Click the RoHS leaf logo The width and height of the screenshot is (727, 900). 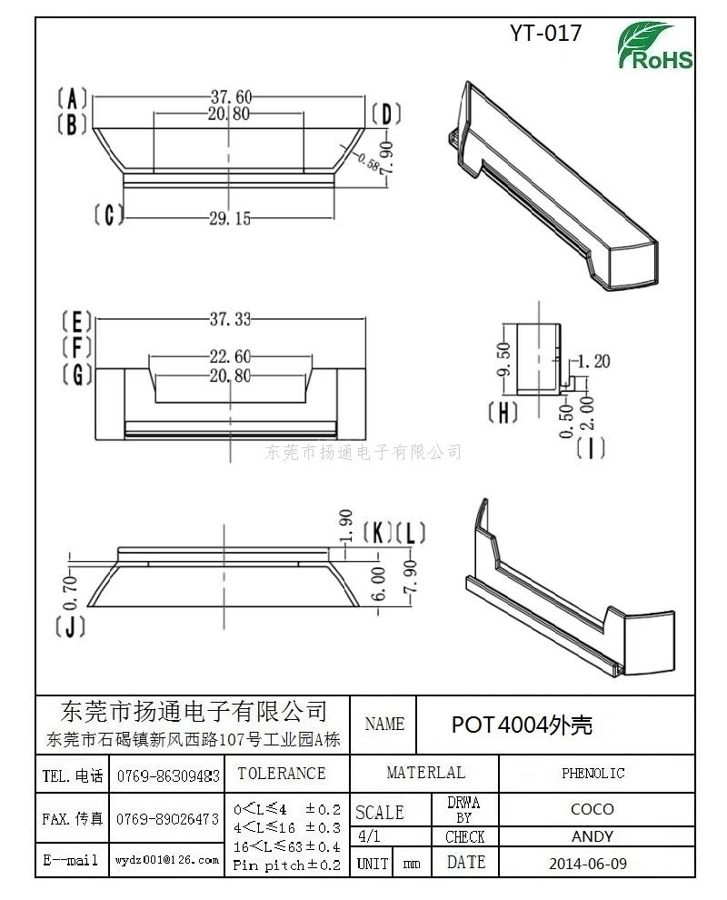pos(654,46)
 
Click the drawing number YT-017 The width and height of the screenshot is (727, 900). pos(545,34)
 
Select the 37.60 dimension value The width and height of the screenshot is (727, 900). pos(231,96)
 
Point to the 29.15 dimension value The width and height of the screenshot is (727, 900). pos(230,219)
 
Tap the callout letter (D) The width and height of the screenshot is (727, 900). pos(386,115)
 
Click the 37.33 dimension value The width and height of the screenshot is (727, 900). pos(230,318)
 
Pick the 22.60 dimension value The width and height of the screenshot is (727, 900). pos(230,356)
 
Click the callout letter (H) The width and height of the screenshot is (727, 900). pos(503,413)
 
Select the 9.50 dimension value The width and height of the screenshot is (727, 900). pos(503,359)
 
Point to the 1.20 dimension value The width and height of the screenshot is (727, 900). pos(593,362)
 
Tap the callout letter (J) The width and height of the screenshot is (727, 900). pos(71,626)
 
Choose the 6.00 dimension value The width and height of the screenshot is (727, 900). pos(379,584)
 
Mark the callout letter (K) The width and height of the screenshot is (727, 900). pos(377,533)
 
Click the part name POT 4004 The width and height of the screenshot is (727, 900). pos(499,725)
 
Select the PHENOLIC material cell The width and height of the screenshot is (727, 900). pos(593,773)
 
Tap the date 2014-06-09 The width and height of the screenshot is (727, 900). pos(588,864)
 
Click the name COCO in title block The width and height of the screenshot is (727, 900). pos(593,809)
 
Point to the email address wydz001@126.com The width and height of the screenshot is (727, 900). pos(167,860)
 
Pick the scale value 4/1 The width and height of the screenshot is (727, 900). pos(368,836)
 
